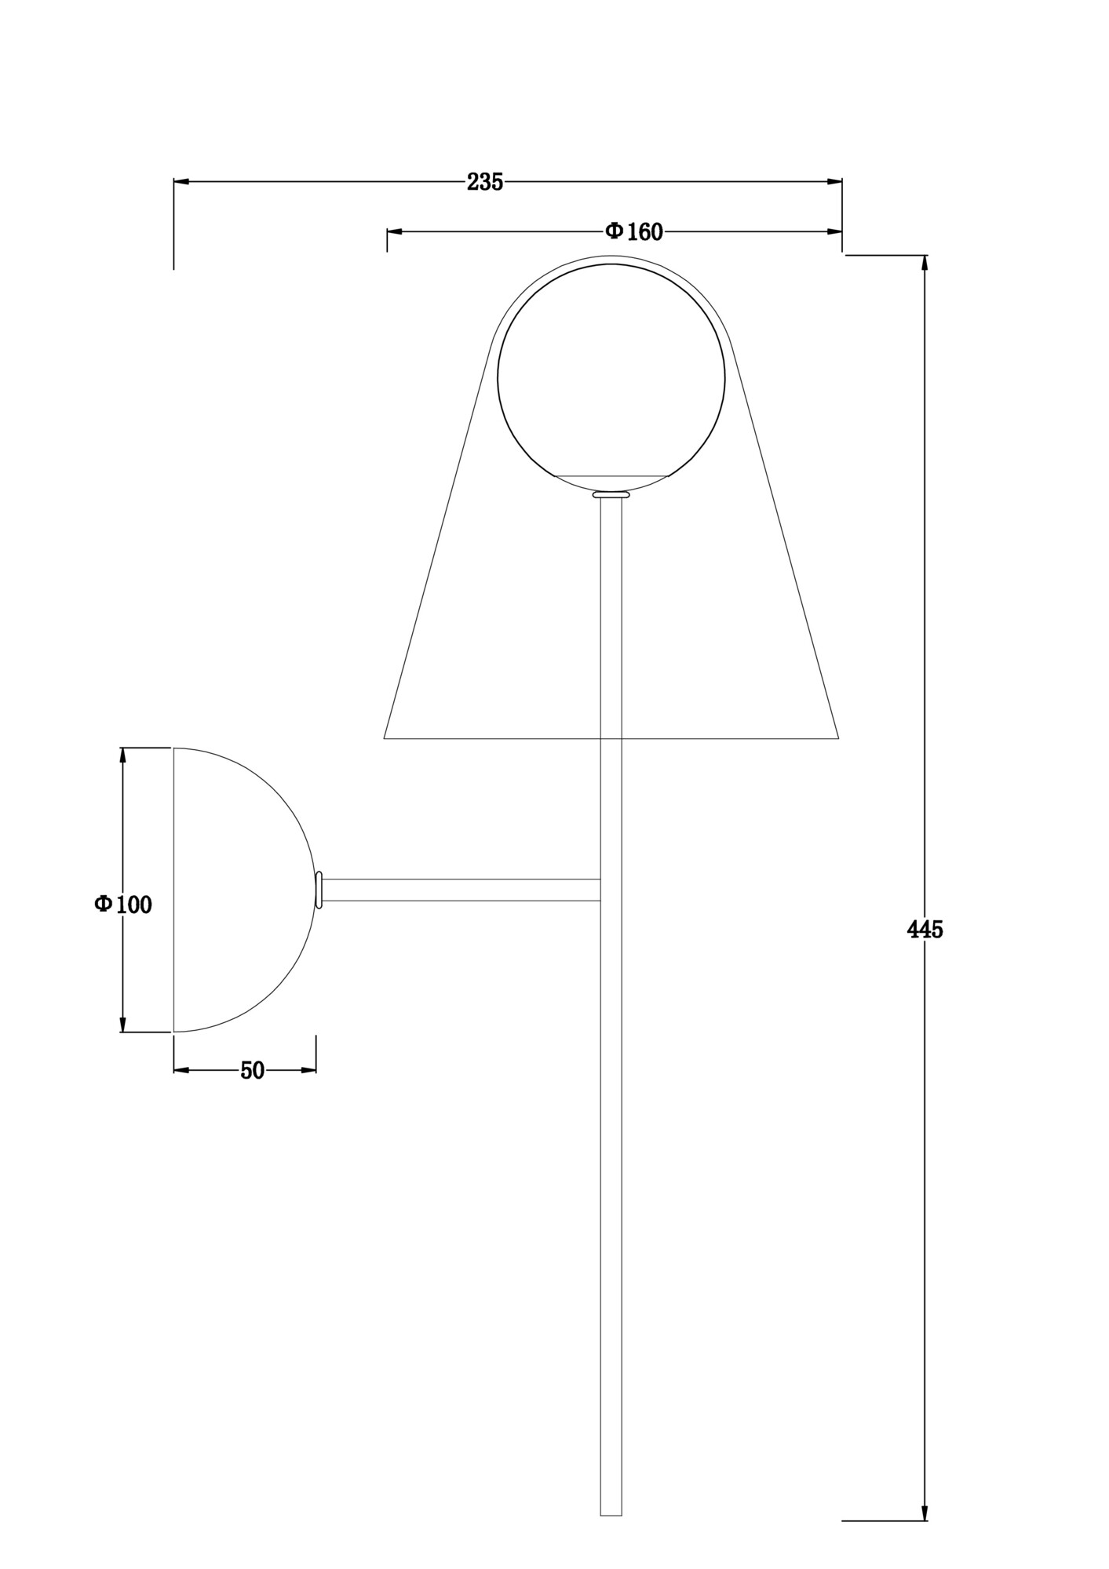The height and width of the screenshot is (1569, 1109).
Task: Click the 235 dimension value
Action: point(484,182)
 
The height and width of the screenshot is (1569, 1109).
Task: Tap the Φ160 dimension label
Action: point(633,231)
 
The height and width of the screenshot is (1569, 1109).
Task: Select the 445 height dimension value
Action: point(925,930)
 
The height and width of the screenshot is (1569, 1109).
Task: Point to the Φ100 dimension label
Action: point(123,905)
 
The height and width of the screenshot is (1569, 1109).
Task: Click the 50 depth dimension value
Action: point(252,1070)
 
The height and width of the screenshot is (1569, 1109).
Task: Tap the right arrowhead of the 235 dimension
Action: point(834,181)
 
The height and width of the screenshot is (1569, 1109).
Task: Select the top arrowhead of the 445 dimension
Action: point(925,264)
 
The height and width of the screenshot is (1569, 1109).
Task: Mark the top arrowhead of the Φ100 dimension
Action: point(122,755)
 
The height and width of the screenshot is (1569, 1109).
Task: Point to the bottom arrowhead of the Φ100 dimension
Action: point(122,1024)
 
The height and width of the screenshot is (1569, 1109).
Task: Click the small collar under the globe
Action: point(611,495)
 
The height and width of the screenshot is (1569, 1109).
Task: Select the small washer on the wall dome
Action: point(319,890)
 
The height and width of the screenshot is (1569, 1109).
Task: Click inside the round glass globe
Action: point(611,377)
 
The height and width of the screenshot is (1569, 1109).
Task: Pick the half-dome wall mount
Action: point(235,890)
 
